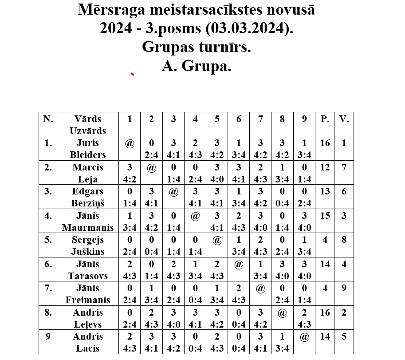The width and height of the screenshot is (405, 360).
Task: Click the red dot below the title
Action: click(132, 74)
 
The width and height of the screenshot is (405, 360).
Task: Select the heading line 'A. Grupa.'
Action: click(197, 66)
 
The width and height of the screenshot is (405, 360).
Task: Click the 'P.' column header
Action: click(325, 119)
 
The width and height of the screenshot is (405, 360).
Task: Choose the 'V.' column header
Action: click(344, 119)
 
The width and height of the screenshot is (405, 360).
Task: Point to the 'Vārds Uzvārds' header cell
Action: click(88, 125)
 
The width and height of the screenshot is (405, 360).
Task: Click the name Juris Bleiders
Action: click(88, 149)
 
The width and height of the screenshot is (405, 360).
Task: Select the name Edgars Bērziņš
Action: click(88, 197)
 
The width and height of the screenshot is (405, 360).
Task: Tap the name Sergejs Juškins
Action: click(88, 245)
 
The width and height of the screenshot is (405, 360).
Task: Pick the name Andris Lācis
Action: click(88, 342)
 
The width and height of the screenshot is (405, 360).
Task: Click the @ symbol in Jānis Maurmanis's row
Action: click(195, 216)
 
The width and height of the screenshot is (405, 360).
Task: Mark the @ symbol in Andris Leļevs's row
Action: click(282, 313)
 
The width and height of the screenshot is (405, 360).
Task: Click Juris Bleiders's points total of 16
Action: click(325, 143)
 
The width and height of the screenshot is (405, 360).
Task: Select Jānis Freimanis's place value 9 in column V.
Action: click(344, 288)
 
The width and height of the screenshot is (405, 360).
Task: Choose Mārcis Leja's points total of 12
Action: click(325, 167)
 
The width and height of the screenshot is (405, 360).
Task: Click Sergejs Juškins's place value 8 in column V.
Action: click(344, 240)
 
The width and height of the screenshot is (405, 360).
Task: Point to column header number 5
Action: click(217, 119)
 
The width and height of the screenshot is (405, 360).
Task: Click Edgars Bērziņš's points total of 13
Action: click(325, 191)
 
